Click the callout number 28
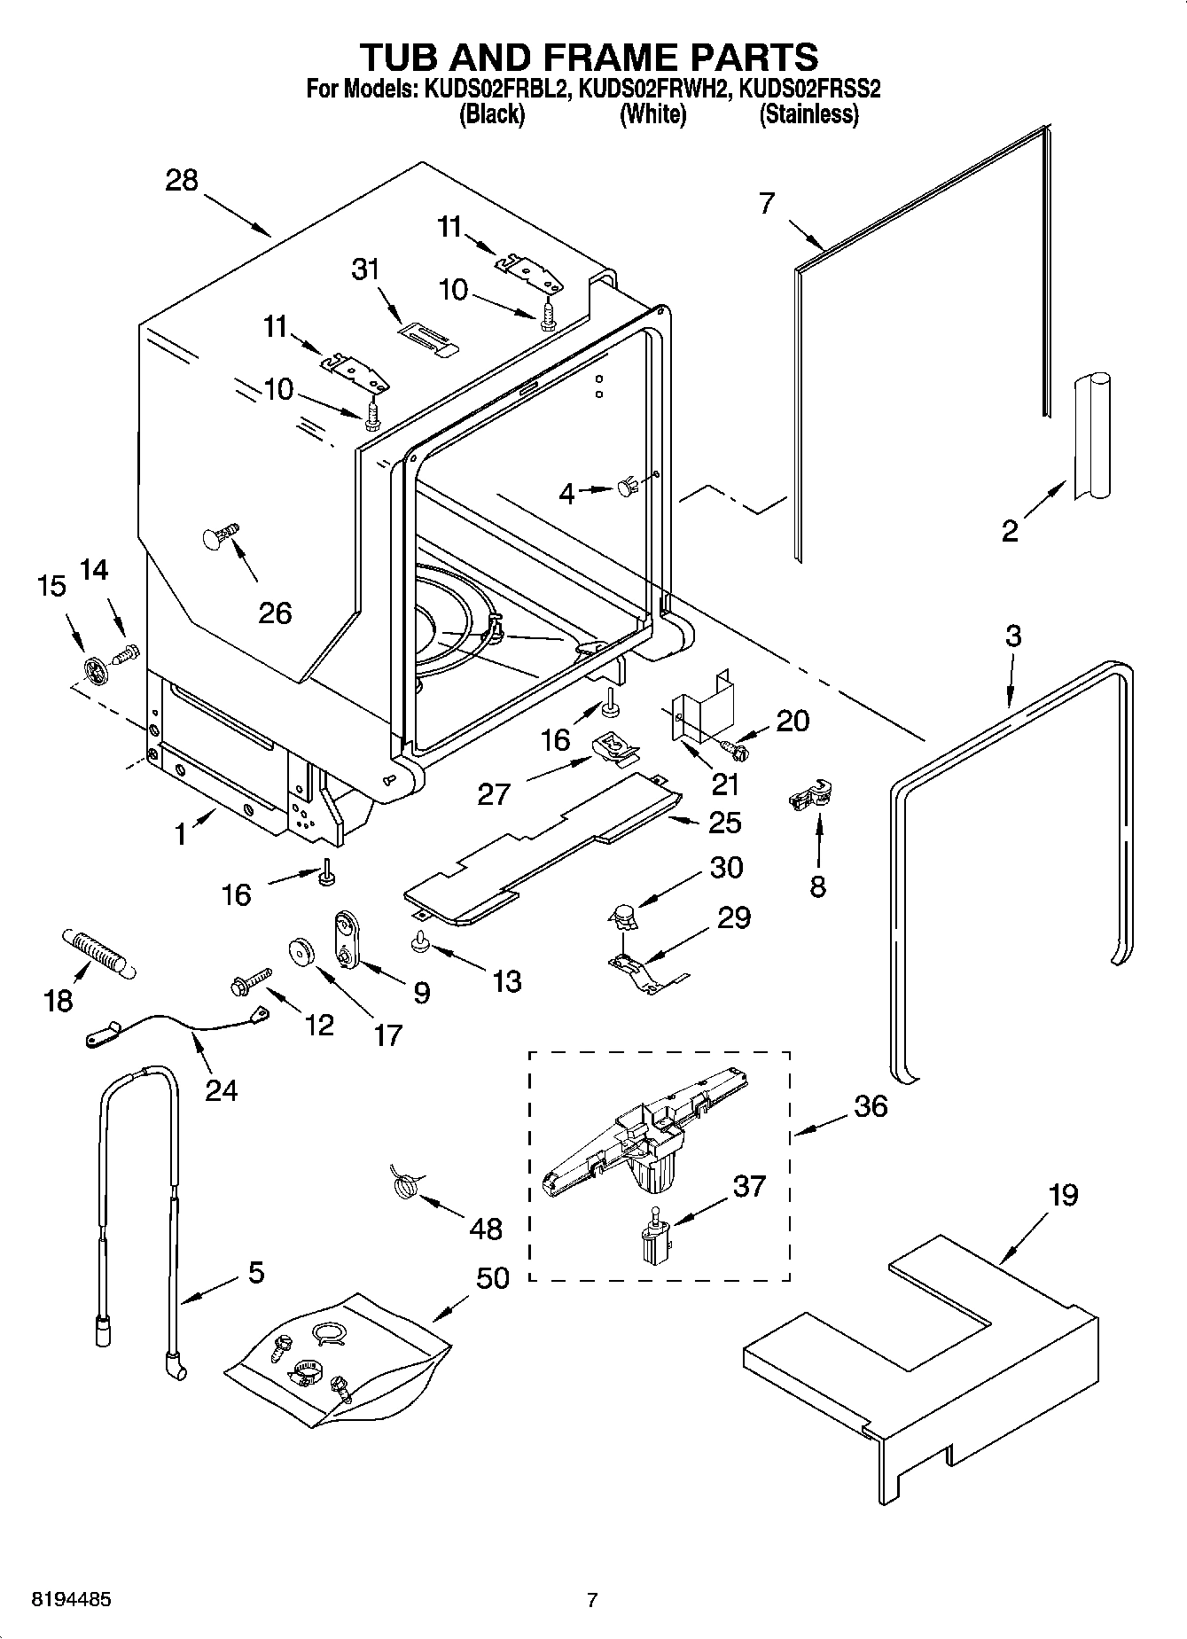(x=181, y=181)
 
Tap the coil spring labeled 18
(x=97, y=953)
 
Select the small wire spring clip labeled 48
(x=405, y=1184)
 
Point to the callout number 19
(x=1063, y=1195)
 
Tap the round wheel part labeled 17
(x=304, y=952)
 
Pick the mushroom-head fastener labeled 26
(x=219, y=536)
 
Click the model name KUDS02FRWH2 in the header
(x=652, y=89)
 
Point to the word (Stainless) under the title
(x=808, y=114)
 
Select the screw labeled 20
(x=735, y=745)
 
